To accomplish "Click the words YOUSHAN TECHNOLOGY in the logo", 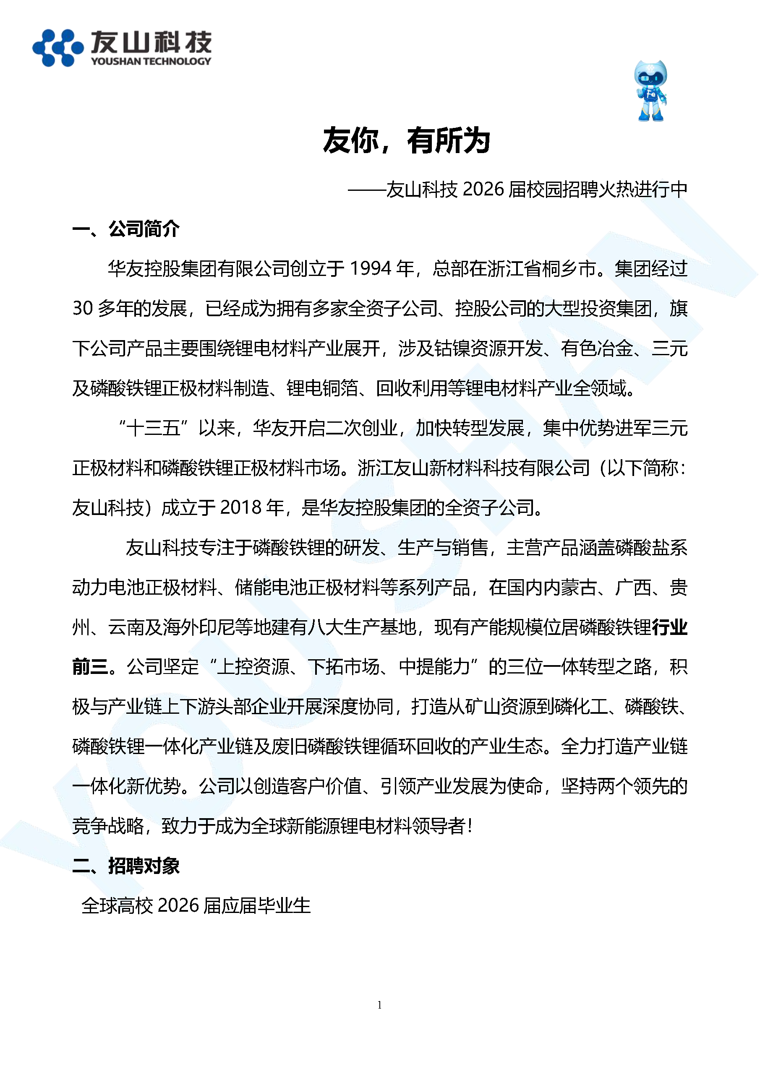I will click(151, 61).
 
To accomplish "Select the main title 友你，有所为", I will click(406, 140).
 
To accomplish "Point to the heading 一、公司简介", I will click(126, 229).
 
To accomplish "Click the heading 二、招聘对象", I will click(126, 866).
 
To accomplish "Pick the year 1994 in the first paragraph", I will click(370, 268).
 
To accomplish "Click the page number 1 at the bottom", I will click(379, 1005).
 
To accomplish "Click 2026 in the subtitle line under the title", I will click(483, 189).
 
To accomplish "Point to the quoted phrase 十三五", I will click(153, 427).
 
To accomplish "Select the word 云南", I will click(126, 627).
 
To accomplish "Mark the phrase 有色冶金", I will click(597, 348).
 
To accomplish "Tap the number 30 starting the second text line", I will click(82, 308).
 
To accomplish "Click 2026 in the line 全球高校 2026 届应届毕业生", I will click(178, 905).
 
